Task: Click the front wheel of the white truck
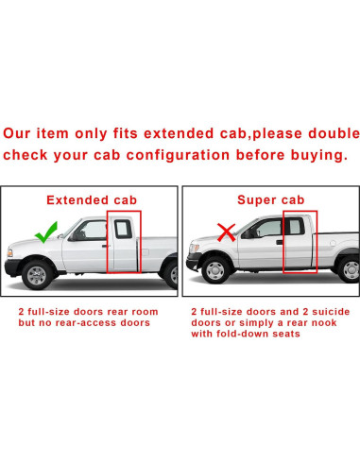pyautogui.click(x=36, y=276)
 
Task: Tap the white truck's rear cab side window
pyautogui.click(x=122, y=228)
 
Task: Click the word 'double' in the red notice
pyautogui.click(x=329, y=131)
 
